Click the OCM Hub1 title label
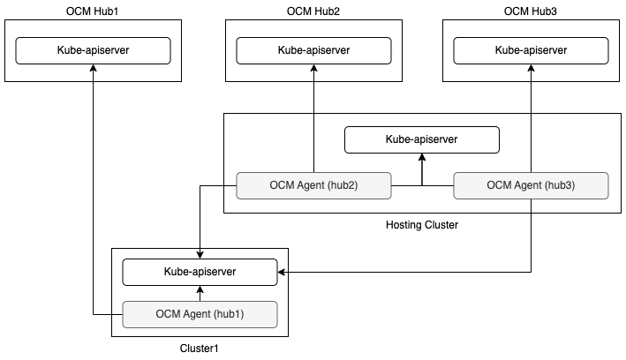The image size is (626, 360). (x=93, y=11)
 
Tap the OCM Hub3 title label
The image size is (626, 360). (x=531, y=11)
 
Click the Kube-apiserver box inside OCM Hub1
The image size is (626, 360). (x=93, y=50)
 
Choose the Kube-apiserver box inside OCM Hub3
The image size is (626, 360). (x=531, y=50)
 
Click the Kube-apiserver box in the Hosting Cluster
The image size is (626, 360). (x=421, y=139)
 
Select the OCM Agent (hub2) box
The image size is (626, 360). (x=313, y=185)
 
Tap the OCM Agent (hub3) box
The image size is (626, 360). (x=531, y=185)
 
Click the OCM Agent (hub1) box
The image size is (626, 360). (x=200, y=313)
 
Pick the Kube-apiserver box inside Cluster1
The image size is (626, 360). (x=200, y=272)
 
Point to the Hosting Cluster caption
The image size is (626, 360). (x=422, y=225)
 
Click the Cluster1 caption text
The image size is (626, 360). (x=199, y=348)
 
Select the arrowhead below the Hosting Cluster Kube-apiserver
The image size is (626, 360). (x=422, y=157)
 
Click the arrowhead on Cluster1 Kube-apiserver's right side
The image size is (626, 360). (x=283, y=272)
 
